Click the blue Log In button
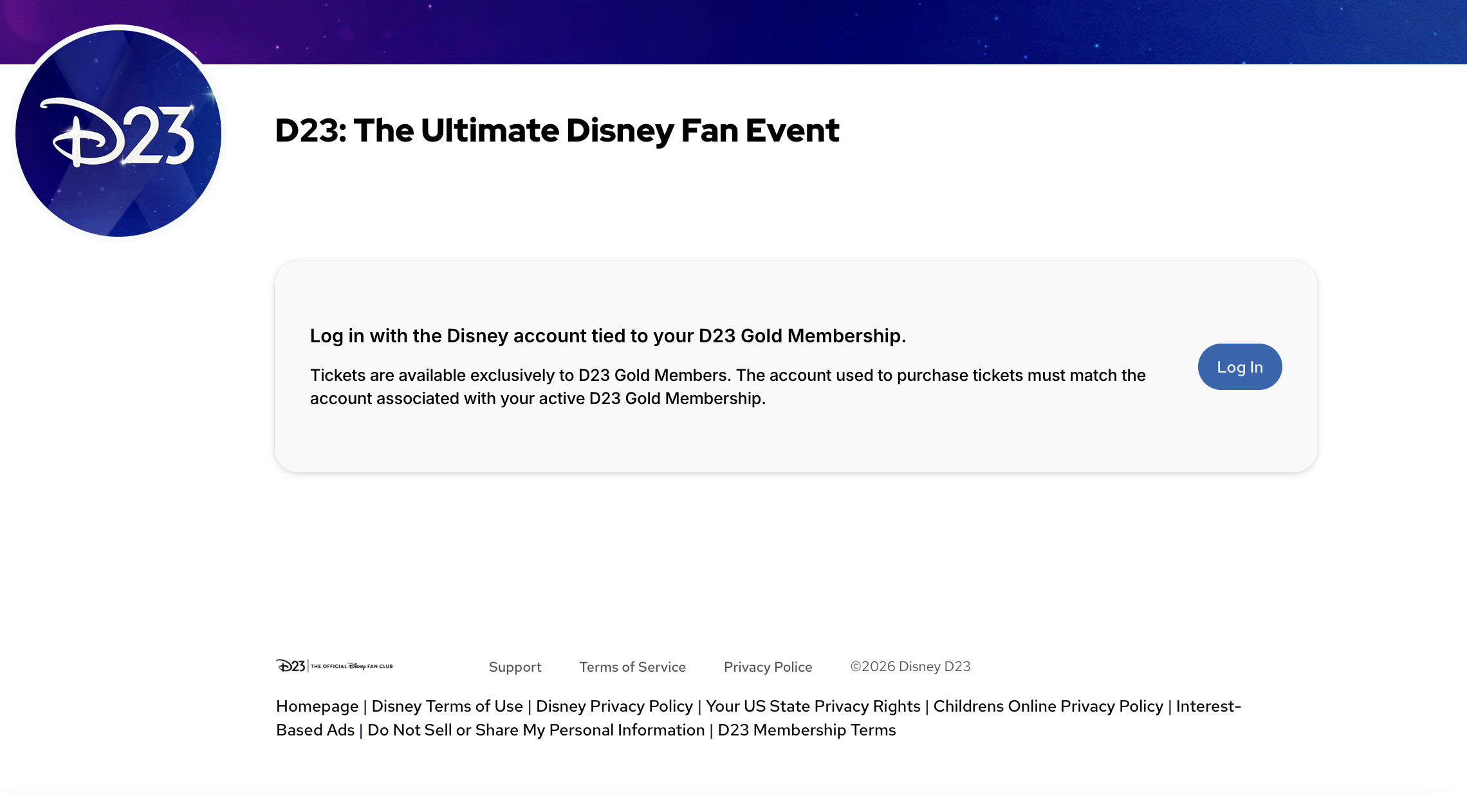pyautogui.click(x=1239, y=367)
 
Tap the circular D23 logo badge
pyautogui.click(x=118, y=133)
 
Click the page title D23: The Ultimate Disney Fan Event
pyautogui.click(x=557, y=131)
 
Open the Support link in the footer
pyautogui.click(x=515, y=667)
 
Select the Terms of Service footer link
pyautogui.click(x=632, y=667)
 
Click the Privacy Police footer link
pyautogui.click(x=768, y=667)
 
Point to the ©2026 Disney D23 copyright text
pyautogui.click(x=910, y=667)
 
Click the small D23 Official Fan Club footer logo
pyautogui.click(x=334, y=666)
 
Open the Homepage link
pyautogui.click(x=317, y=706)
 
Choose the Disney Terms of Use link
pyautogui.click(x=447, y=706)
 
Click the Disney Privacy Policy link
pyautogui.click(x=614, y=706)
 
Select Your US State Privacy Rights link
pyautogui.click(x=813, y=706)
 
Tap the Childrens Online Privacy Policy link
pyautogui.click(x=1048, y=706)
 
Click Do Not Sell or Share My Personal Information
pyautogui.click(x=536, y=730)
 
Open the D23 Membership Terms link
pyautogui.click(x=806, y=730)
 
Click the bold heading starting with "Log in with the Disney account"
pyautogui.click(x=607, y=336)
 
